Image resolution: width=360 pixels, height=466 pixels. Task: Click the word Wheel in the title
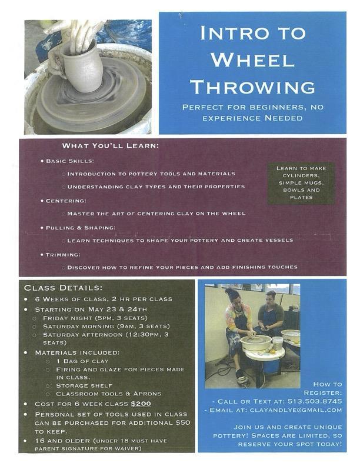click(x=252, y=60)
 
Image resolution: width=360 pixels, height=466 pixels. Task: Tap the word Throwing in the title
click(x=252, y=87)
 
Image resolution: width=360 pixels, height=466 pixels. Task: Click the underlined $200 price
click(x=141, y=404)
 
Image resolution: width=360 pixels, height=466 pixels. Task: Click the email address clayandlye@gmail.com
click(x=296, y=410)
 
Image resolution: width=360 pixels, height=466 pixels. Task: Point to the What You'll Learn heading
click(x=111, y=146)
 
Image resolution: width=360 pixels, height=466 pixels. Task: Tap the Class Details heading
click(x=64, y=288)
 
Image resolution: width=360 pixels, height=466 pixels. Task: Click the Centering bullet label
click(x=66, y=201)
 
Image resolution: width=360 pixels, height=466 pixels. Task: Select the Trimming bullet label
click(x=63, y=254)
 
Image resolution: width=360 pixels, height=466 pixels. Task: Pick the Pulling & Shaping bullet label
click(x=81, y=228)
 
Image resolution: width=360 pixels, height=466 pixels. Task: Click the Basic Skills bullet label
click(x=70, y=161)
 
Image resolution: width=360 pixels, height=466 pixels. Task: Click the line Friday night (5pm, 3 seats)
click(x=95, y=318)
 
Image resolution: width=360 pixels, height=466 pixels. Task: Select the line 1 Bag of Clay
click(x=82, y=361)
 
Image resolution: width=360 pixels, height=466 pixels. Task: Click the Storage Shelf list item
click(x=84, y=385)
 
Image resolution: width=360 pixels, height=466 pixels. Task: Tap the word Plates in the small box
click(x=301, y=197)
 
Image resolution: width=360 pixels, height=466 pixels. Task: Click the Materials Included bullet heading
click(x=77, y=352)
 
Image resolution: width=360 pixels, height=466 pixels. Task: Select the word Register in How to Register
click(x=323, y=392)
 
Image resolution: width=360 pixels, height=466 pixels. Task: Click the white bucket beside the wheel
click(x=277, y=343)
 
